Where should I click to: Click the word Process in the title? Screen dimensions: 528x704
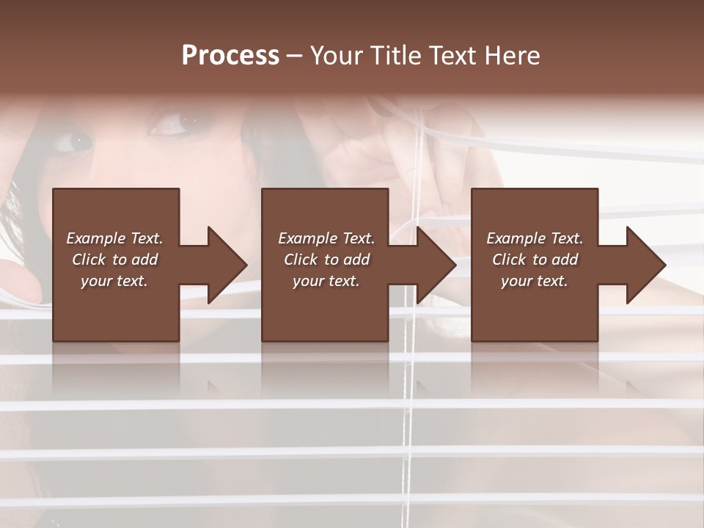230,56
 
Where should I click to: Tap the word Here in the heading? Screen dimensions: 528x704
513,56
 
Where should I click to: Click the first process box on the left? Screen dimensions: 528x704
116,308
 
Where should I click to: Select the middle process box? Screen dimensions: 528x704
325,308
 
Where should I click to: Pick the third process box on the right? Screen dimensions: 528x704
534,308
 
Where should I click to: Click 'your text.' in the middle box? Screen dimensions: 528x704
326,281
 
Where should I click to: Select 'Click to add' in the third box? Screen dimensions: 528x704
535,260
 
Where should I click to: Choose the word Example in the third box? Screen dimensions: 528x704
516,238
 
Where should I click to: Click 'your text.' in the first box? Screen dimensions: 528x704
114,281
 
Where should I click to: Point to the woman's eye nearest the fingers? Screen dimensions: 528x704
170,122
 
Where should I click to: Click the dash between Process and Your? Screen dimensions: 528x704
295,56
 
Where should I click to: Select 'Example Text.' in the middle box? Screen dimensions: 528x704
326,238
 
